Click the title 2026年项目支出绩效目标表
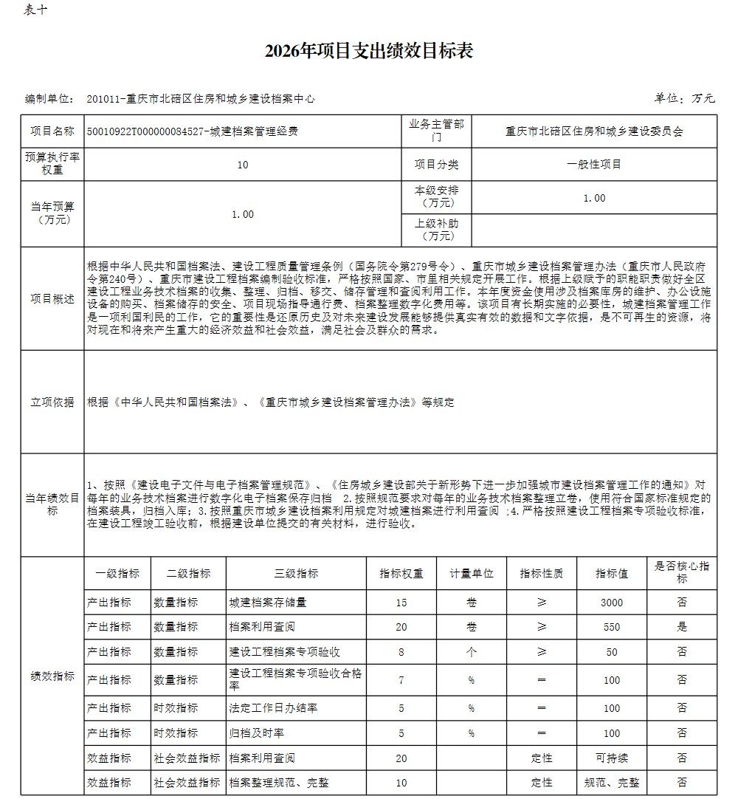point(368,51)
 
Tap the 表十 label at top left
point(35,10)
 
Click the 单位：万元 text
point(684,98)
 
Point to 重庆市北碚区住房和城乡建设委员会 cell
point(594,131)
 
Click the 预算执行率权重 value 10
point(243,165)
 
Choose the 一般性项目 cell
point(594,165)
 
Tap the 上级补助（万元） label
point(437,230)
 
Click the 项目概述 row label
point(52,298)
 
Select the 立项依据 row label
point(52,402)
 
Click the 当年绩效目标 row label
point(52,504)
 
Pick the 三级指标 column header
point(297,573)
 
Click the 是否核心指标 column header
point(682,572)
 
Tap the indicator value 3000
point(612,603)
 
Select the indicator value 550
point(612,627)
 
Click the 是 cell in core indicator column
point(682,627)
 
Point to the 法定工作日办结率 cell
point(274,708)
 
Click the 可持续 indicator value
point(612,758)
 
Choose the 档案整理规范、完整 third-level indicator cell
point(280,783)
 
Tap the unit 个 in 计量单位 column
point(472,652)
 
